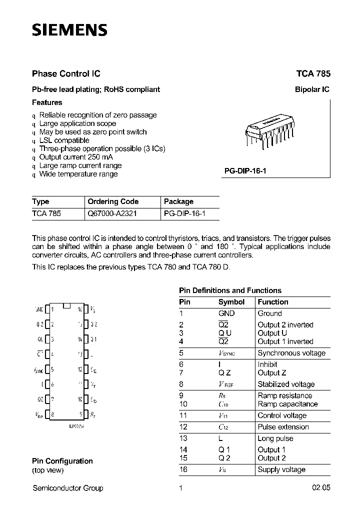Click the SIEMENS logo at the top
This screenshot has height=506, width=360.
pyautogui.click(x=69, y=30)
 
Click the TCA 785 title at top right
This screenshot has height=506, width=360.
pyautogui.click(x=313, y=73)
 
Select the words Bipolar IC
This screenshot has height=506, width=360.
pyautogui.click(x=312, y=89)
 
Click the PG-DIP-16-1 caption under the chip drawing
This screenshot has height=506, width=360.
pyautogui.click(x=245, y=171)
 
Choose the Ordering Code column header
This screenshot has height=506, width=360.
pyautogui.click(x=113, y=201)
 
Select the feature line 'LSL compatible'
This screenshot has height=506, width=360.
pyautogui.click(x=64, y=140)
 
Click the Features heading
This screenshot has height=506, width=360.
pyautogui.click(x=47, y=102)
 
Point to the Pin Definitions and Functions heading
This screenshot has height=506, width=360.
pyautogui.click(x=230, y=290)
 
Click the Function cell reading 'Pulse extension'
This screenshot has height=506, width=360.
pyautogui.click(x=283, y=427)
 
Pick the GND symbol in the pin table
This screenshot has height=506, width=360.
pyautogui.click(x=226, y=313)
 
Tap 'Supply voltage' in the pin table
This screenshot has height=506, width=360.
pyautogui.click(x=281, y=469)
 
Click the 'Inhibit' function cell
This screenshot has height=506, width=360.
pyautogui.click(x=269, y=364)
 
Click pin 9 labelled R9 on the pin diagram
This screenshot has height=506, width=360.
pyautogui.click(x=85, y=414)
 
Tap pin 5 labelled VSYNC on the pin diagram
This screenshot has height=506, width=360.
pyautogui.click(x=48, y=370)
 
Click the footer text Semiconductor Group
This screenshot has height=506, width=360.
pyautogui.click(x=67, y=488)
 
